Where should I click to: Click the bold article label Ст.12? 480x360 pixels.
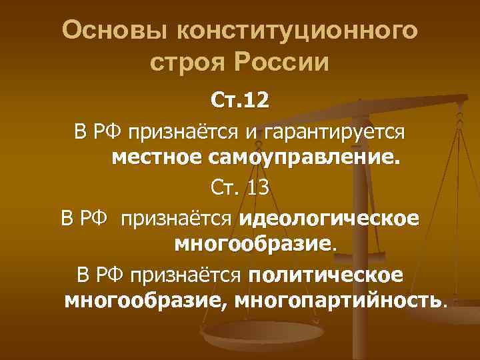pyautogui.click(x=240, y=100)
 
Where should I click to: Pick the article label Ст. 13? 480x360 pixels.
pyautogui.click(x=240, y=187)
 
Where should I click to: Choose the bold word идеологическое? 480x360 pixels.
pyautogui.click(x=329, y=217)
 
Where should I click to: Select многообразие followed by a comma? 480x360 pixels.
pyautogui.click(x=143, y=300)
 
